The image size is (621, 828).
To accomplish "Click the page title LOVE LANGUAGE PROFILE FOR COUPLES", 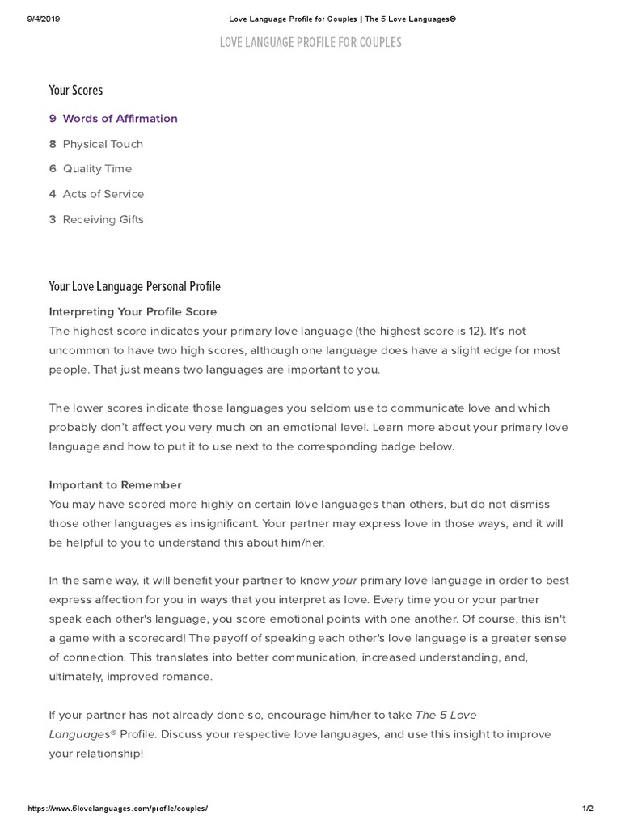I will point(310,43).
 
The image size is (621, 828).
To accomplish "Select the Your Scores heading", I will point(76,91).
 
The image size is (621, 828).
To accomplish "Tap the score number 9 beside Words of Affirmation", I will point(53,119).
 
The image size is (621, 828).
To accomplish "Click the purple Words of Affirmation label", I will point(120,119).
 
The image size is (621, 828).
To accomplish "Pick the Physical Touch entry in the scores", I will point(103,144).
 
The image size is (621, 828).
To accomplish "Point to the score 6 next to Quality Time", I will point(53,169).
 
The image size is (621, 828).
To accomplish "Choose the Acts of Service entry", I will point(103,194).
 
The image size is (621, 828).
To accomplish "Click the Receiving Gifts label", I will point(103,219).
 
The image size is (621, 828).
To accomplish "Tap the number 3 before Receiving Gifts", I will point(53,219).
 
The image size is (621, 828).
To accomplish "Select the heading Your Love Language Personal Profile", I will point(134,287).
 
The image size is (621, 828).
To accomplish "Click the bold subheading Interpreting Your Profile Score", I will point(133,311).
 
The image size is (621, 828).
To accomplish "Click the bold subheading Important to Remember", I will point(115,485).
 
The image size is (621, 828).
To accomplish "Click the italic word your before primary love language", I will point(344,581).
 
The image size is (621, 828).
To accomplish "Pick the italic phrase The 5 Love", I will point(451,715).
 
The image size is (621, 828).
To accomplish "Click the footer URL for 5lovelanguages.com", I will point(118,809).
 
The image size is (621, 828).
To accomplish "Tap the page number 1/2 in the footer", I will point(587,809).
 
